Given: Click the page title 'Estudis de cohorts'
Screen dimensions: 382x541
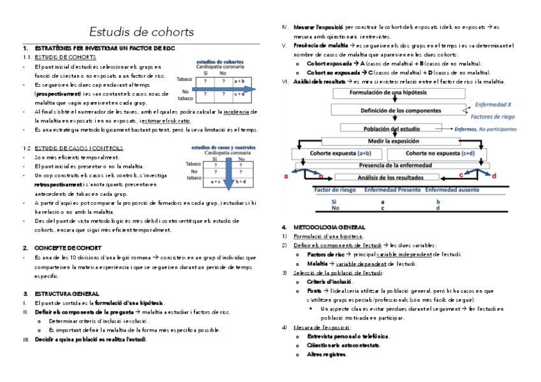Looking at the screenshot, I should tap(141, 32).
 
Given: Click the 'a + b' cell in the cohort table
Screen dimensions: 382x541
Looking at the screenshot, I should tap(240, 81).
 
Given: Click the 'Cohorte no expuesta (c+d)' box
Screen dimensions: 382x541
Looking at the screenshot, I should tap(440, 153).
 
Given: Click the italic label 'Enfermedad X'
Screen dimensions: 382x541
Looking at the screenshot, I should tap(492, 104).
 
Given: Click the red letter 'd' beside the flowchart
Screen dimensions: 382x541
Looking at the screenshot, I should tap(494, 175).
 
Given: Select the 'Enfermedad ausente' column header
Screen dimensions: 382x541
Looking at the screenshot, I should tap(452, 189).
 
